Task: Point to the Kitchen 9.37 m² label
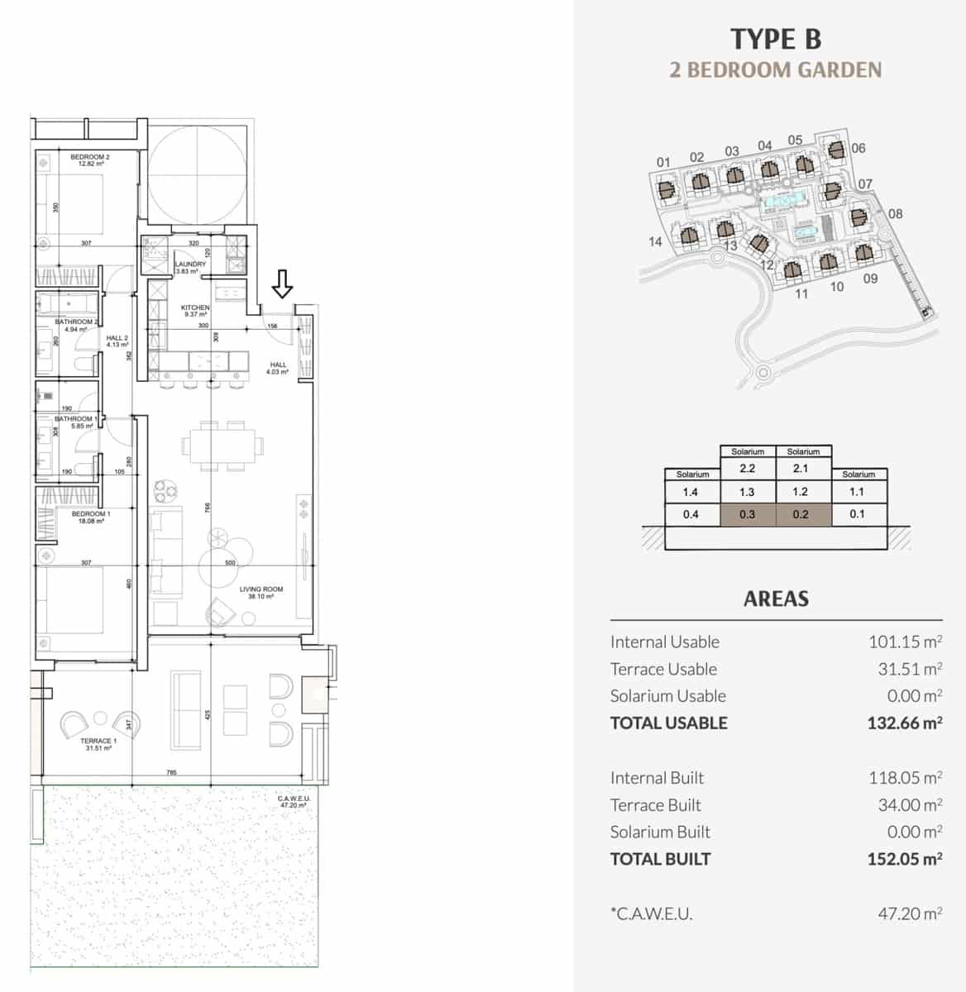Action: click(x=195, y=311)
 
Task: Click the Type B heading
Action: click(x=776, y=39)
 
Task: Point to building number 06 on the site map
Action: click(x=858, y=148)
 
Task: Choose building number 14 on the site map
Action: click(x=656, y=241)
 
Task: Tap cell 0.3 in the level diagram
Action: click(x=747, y=513)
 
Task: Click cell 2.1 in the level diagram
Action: click(x=801, y=469)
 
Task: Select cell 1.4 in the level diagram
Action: click(x=691, y=491)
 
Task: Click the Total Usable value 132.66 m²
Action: click(x=904, y=723)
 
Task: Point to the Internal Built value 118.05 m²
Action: click(x=905, y=778)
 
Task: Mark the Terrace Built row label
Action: click(x=655, y=805)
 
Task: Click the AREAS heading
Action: click(x=776, y=599)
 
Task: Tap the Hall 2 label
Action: click(x=117, y=341)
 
